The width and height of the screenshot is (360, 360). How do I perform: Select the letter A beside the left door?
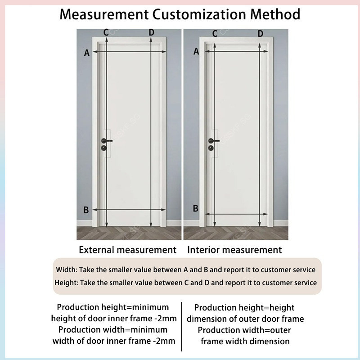(87, 53)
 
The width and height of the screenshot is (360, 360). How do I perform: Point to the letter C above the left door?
(106, 32)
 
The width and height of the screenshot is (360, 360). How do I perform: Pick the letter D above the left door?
(151, 32)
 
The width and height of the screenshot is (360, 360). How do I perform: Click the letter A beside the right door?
(196, 52)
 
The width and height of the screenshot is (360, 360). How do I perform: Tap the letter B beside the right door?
(196, 208)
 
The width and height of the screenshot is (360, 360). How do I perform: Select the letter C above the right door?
(215, 33)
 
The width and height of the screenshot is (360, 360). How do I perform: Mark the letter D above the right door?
(261, 33)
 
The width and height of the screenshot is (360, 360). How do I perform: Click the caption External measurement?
(128, 250)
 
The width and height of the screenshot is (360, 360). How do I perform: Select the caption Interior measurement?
(234, 250)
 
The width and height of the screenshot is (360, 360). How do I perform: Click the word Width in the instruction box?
(66, 270)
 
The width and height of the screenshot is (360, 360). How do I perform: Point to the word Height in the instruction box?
(66, 283)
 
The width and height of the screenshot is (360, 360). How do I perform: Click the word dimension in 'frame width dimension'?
(269, 341)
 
